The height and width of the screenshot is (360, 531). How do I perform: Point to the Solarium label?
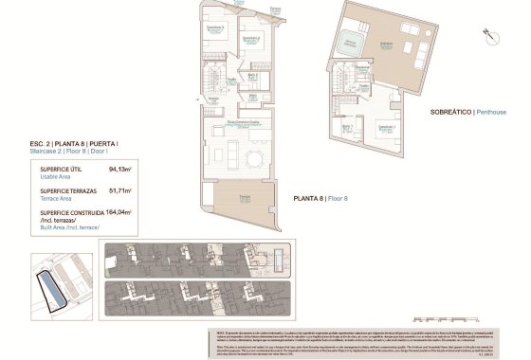click(387, 45)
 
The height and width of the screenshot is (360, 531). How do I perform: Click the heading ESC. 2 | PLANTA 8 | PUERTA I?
click(80, 142)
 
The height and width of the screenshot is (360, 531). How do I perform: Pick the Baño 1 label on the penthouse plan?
click(347, 126)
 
